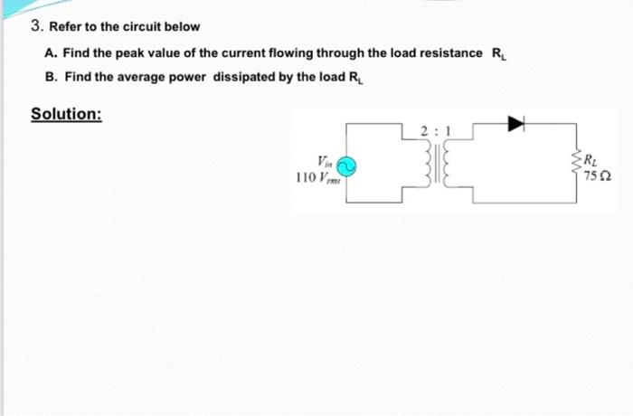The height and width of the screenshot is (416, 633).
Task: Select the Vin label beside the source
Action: pyautogui.click(x=326, y=161)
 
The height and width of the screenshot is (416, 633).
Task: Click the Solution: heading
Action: pyautogui.click(x=66, y=115)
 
